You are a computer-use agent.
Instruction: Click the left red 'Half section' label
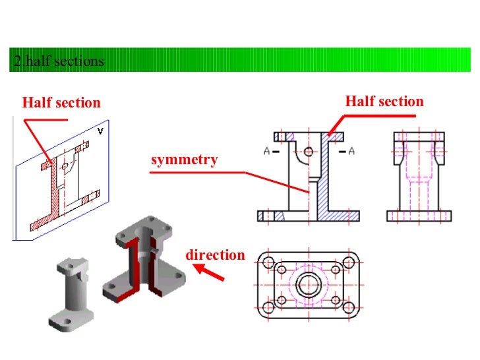coord(61,103)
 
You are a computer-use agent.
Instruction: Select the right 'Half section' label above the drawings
coord(384,102)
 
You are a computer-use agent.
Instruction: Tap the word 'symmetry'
coord(184,160)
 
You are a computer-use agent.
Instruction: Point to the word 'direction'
coord(215,255)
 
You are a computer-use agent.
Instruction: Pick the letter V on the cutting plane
coord(100,131)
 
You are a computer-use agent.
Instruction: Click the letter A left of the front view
coord(267,152)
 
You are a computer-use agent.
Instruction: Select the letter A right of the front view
coord(351,152)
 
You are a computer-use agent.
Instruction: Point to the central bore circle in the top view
coord(308,285)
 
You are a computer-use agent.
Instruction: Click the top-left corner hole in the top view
coord(268,262)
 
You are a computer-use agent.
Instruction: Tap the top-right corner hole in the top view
coord(348,262)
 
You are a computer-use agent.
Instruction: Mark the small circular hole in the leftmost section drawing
coord(65,167)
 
